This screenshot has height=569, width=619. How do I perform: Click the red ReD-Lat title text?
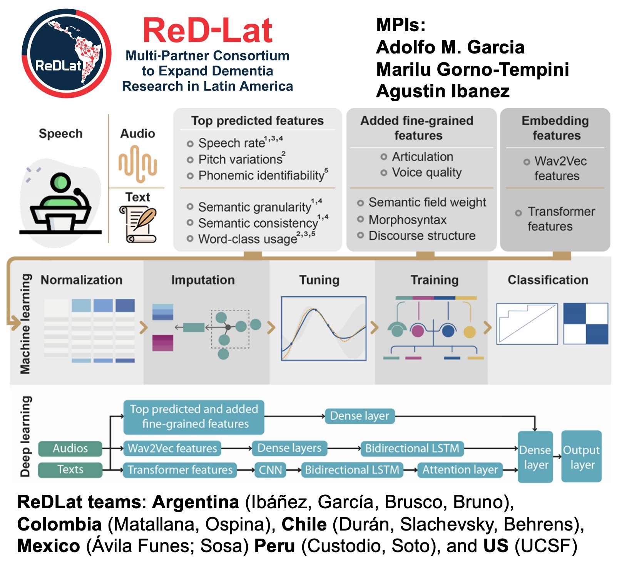point(207,31)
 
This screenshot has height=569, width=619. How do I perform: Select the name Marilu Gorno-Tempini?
point(472,70)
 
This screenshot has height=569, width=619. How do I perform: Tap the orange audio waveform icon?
point(137,164)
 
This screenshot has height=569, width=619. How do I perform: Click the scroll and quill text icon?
point(137,224)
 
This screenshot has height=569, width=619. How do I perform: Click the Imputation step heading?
point(203,280)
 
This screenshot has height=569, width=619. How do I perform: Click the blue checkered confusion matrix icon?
point(586,324)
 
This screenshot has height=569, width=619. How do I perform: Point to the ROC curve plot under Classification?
point(527,324)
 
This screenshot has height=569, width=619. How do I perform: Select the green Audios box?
point(70,448)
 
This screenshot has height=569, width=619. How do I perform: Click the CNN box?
point(270,470)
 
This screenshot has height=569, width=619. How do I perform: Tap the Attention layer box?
point(460,470)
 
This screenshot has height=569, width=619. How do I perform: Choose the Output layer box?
point(581,457)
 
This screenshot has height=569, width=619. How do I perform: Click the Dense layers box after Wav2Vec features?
point(289,448)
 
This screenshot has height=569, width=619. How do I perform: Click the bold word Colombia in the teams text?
point(59,524)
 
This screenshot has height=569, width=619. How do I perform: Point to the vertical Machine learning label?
point(25,323)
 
